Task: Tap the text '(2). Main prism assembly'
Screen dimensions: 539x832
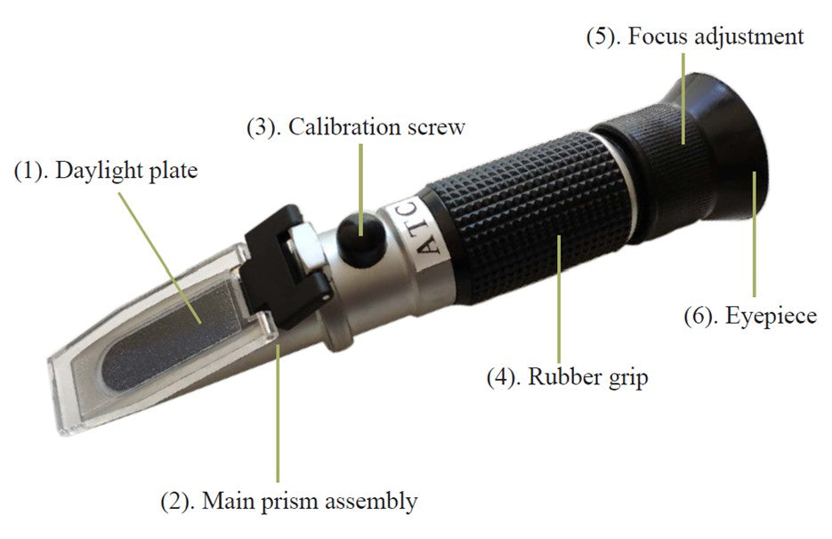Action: pos(288,501)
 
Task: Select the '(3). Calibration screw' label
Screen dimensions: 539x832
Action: pos(355,126)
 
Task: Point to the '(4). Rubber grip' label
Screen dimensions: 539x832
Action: pos(567,376)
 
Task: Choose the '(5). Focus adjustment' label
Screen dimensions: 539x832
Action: pos(694,36)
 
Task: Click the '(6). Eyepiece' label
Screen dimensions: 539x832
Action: pos(749,316)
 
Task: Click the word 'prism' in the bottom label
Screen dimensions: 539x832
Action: pos(289,502)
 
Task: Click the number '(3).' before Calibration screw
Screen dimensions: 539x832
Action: pos(264,126)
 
